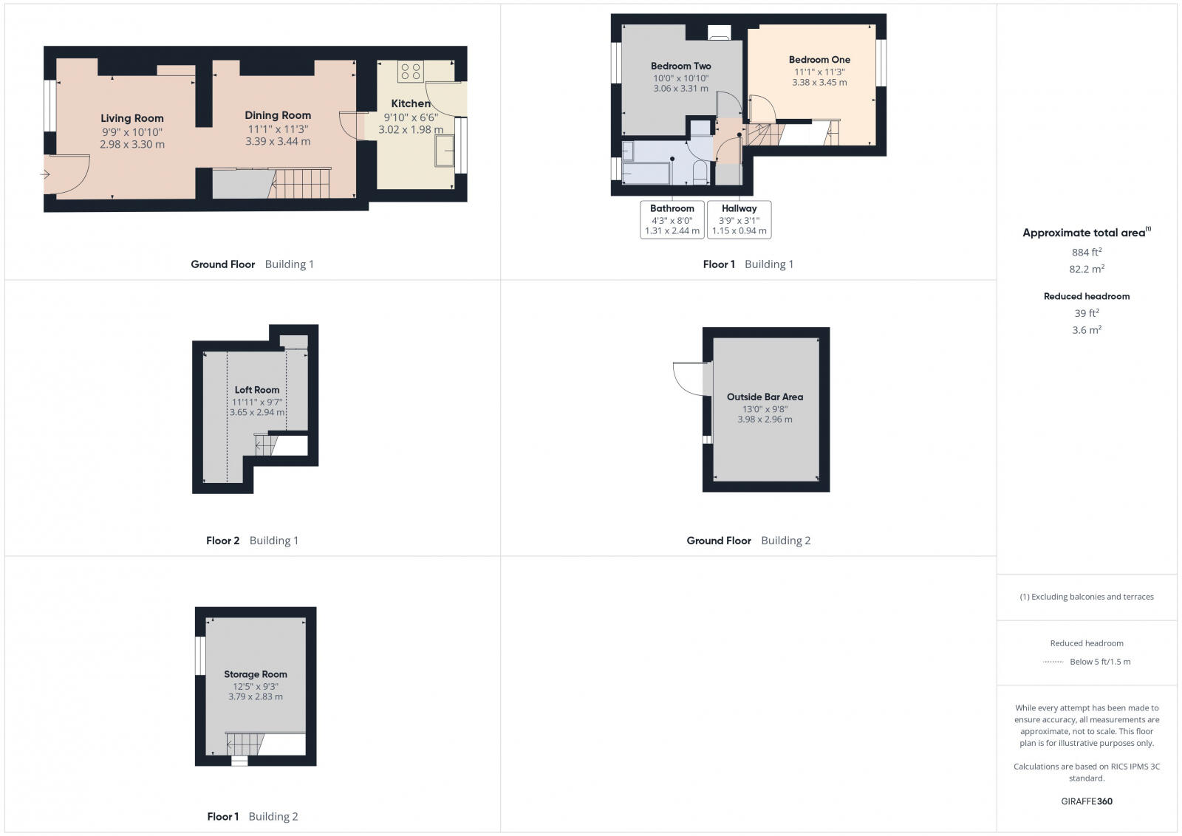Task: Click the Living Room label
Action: click(x=132, y=118)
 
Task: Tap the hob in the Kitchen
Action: click(x=410, y=71)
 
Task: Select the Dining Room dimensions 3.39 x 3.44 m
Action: click(x=278, y=142)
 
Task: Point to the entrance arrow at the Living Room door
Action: click(x=45, y=175)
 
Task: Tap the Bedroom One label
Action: click(x=819, y=60)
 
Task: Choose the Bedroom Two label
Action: click(x=680, y=66)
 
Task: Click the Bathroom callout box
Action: click(x=672, y=219)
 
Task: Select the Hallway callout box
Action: click(x=739, y=219)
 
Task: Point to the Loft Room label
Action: click(x=257, y=390)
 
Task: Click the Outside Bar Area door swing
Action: click(x=690, y=378)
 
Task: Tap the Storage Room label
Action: click(x=256, y=674)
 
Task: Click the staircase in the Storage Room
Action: click(x=243, y=744)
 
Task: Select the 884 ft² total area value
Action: click(x=1087, y=253)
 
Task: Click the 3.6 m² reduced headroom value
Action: click(x=1087, y=330)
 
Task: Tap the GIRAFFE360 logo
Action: click(x=1087, y=801)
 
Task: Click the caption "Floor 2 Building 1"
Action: click(x=252, y=541)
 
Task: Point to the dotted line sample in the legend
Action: click(x=1053, y=662)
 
